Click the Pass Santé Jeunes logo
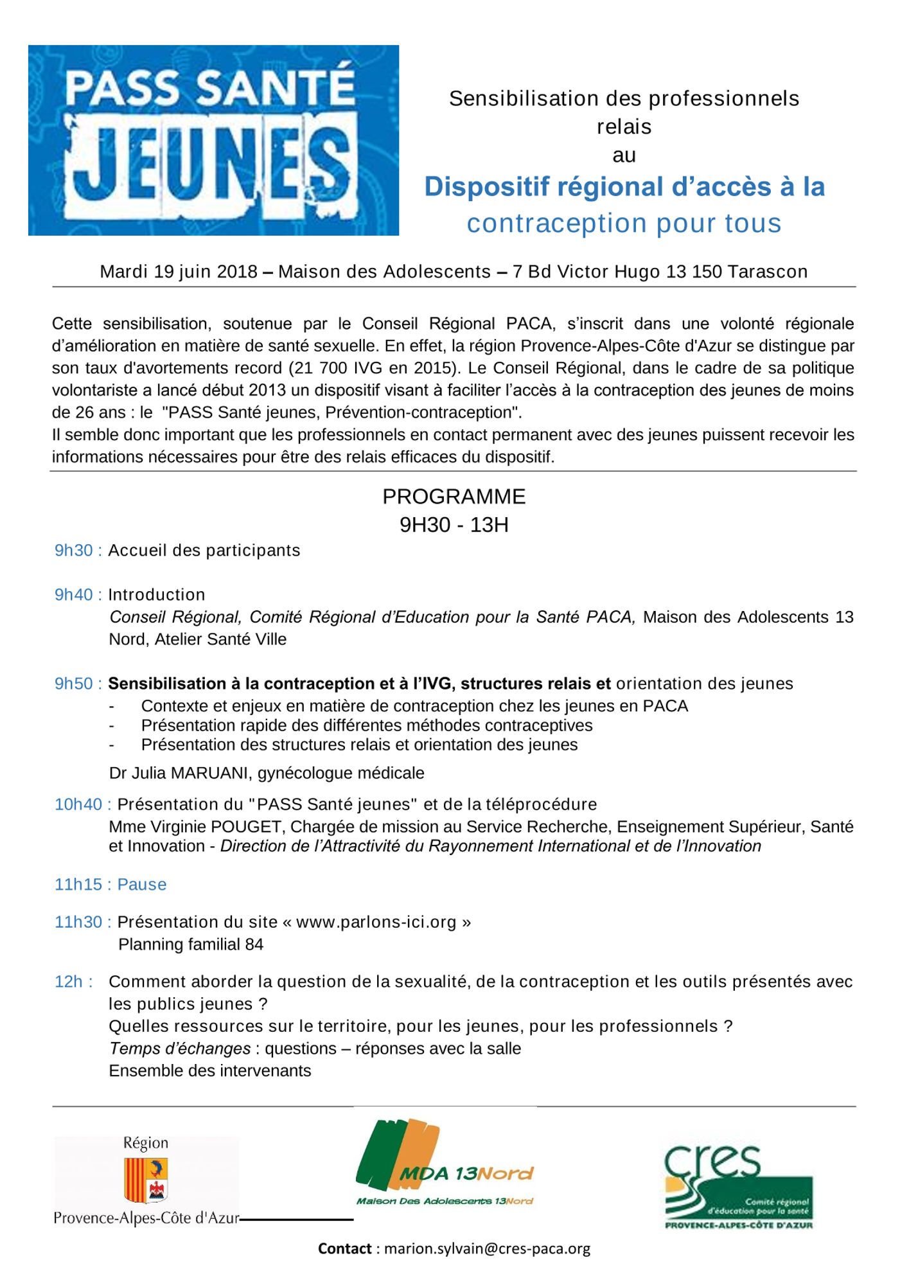213,140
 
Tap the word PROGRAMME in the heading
454,497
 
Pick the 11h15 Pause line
110,885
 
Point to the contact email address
487,1249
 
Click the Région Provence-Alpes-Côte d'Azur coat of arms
146,1181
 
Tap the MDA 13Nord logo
445,1164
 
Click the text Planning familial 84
191,944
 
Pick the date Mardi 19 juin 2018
179,272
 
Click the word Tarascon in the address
767,272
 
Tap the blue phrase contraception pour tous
624,224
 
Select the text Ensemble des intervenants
210,1071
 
